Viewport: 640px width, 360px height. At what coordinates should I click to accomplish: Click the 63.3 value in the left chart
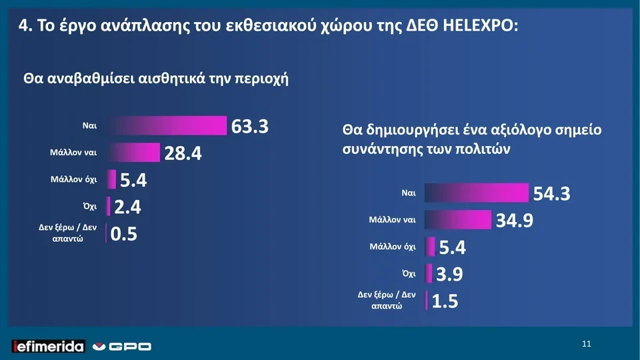click(x=249, y=126)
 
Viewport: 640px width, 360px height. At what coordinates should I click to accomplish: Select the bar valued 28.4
click(x=133, y=153)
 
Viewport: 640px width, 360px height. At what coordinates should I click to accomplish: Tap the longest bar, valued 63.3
click(x=167, y=125)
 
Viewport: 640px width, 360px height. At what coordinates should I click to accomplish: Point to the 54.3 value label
click(x=551, y=193)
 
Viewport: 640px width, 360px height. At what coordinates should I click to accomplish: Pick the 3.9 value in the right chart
click(x=449, y=274)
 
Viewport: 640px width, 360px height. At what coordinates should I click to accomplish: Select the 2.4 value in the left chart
click(x=127, y=207)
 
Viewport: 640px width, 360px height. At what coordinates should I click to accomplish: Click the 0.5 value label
click(x=123, y=234)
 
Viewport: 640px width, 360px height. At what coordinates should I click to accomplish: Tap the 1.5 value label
click(x=445, y=301)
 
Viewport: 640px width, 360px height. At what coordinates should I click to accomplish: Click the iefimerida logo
click(x=49, y=346)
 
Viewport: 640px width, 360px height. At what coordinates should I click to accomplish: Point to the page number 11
click(x=586, y=344)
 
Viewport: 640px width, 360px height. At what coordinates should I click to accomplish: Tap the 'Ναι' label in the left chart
click(x=90, y=125)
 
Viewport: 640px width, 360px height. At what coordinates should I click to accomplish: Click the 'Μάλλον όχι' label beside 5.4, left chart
click(x=73, y=180)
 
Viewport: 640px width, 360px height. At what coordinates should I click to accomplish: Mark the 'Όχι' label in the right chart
click(x=409, y=273)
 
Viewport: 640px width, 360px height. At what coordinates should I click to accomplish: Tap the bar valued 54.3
click(x=476, y=193)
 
